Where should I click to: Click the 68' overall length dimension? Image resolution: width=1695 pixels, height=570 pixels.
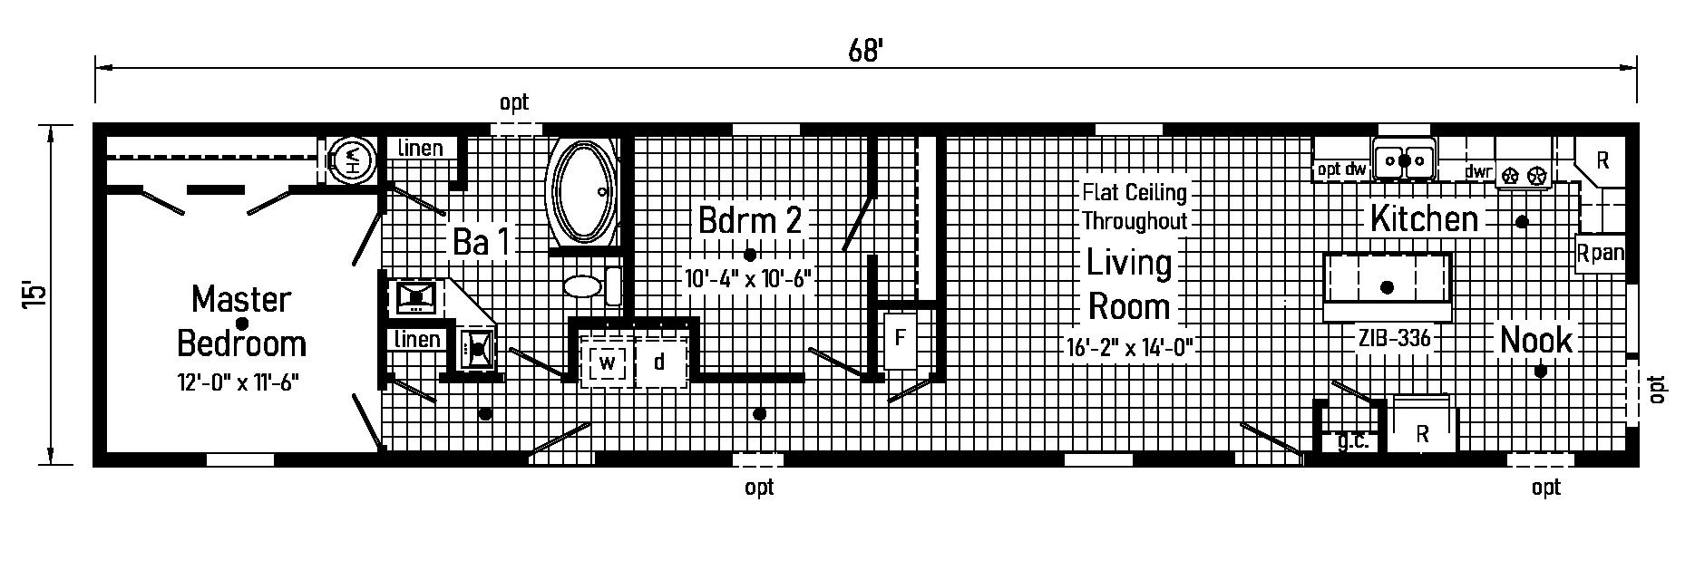coord(865,51)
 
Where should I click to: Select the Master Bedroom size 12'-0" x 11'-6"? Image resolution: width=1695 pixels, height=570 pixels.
coord(239,383)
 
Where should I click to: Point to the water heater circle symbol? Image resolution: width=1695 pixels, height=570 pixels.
coord(348,161)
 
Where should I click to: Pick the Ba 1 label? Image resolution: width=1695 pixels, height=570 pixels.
coord(482,242)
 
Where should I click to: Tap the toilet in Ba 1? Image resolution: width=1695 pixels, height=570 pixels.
coord(586,286)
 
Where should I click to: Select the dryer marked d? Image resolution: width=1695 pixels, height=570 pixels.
coord(659,362)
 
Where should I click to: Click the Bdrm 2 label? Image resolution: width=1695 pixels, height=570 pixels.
coord(750,220)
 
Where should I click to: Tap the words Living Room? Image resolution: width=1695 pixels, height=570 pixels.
coord(1129,285)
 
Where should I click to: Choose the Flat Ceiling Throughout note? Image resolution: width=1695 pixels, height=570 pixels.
coord(1134,206)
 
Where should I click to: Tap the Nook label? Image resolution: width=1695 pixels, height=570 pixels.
coord(1535,340)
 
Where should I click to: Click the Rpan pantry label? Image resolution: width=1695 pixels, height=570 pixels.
coord(1600,253)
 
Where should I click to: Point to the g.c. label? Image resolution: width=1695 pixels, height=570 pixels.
coord(1352,443)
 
